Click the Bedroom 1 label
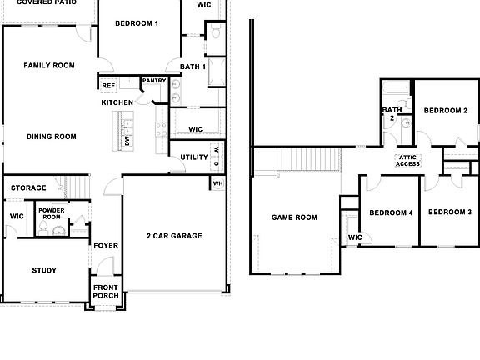click(137, 23)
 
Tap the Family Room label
click(49, 65)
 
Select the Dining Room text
click(52, 137)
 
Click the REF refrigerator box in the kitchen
click(108, 85)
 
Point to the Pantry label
click(154, 81)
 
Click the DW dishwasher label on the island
click(127, 141)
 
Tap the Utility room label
click(194, 157)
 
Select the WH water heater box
click(217, 183)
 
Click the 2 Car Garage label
click(174, 236)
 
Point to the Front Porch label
click(106, 292)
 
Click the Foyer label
click(105, 246)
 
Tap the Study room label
click(44, 270)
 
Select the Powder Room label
click(52, 213)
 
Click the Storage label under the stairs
click(28, 188)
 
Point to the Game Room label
click(294, 217)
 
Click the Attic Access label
click(407, 161)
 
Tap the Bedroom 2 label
click(445, 110)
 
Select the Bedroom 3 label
click(450, 212)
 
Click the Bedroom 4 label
click(391, 212)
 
